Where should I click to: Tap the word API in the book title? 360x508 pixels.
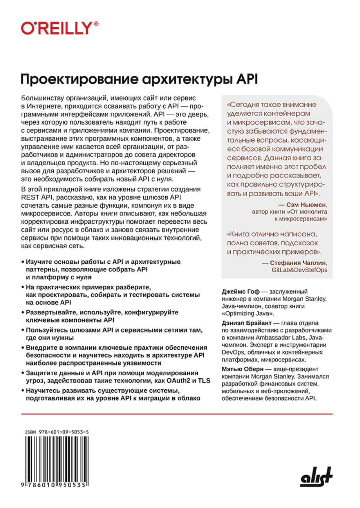[247, 79]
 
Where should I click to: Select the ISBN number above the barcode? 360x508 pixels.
[57, 432]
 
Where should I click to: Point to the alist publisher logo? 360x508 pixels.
[316, 477]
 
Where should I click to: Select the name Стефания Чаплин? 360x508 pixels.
[298, 263]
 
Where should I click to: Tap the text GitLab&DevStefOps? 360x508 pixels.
[299, 270]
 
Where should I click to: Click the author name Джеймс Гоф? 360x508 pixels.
[240, 292]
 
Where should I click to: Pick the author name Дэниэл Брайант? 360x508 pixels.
[247, 323]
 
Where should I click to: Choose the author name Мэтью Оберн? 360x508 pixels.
[243, 369]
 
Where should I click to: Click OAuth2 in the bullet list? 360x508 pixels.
[178, 380]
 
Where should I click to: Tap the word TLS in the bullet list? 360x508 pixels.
[204, 380]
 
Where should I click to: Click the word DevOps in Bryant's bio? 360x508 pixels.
[233, 352]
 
